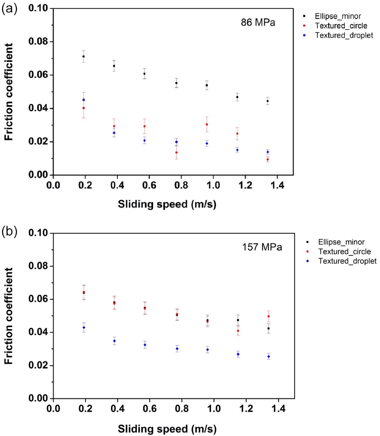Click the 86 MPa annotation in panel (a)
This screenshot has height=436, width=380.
coord(258,22)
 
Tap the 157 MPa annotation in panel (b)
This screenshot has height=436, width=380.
coord(262,247)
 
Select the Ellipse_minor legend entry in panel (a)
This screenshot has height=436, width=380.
coord(338,16)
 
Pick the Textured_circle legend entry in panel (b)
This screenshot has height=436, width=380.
coord(344,251)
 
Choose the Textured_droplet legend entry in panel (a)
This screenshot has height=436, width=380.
coord(344,35)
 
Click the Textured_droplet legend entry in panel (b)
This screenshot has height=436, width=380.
coord(347,261)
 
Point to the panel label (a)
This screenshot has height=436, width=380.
coord(9,9)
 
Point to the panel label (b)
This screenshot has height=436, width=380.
coord(9,231)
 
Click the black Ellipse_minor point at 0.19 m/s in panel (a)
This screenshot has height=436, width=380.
coord(83,56)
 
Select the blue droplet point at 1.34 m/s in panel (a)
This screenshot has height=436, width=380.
coord(268,152)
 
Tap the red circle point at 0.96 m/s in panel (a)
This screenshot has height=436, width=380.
coord(207,124)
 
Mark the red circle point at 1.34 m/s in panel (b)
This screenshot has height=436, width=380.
coord(269,316)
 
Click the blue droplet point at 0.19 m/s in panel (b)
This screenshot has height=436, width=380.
coord(84,327)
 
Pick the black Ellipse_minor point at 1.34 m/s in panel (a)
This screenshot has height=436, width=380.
coord(268,101)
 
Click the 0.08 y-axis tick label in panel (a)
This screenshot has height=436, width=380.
coord(38,41)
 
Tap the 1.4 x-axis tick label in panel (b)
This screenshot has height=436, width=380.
coord(278,408)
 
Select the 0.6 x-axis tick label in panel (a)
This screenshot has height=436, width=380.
coord(149,185)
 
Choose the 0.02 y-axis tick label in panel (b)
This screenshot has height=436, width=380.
coord(38,365)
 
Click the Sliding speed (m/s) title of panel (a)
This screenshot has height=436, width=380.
coord(167,204)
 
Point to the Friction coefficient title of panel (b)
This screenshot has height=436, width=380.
coord(9,316)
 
